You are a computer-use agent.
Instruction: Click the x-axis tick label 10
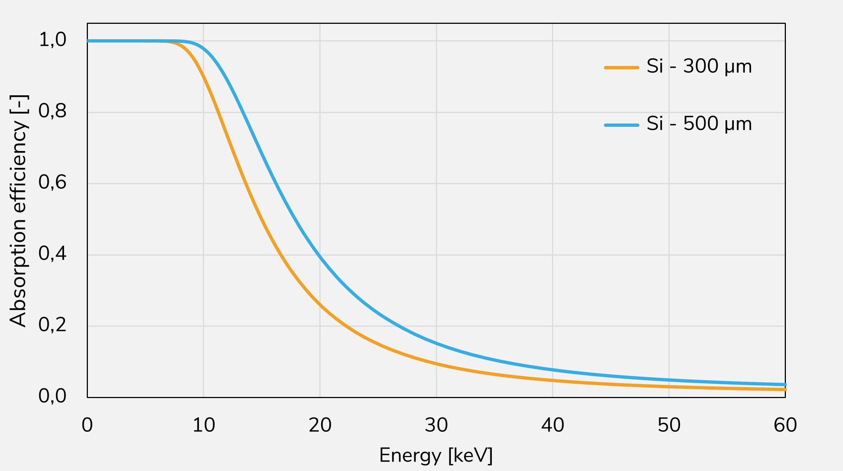tap(204, 425)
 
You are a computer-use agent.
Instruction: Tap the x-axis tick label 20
tap(320, 425)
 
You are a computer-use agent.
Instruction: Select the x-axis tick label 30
tap(436, 425)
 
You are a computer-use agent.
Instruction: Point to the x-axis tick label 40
tap(553, 425)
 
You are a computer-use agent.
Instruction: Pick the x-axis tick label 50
tap(669, 425)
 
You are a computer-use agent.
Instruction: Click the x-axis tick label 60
tap(785, 425)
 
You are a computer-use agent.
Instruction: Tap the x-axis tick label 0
tap(87, 425)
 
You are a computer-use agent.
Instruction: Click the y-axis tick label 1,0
tap(53, 40)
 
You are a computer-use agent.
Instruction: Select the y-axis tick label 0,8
tap(53, 111)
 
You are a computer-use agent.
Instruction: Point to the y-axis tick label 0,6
tap(53, 182)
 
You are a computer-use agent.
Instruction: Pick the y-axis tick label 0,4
tap(53, 254)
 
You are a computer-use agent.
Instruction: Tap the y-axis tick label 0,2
tap(53, 325)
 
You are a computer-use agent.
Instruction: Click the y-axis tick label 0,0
tap(53, 396)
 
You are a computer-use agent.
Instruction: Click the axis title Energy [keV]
tap(436, 456)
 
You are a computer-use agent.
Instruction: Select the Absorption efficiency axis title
tap(18, 210)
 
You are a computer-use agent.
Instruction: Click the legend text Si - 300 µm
tap(699, 67)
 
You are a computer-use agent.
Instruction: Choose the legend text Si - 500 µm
tap(699, 124)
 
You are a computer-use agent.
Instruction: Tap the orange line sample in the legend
tap(621, 67)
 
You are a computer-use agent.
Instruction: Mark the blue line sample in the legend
tap(621, 125)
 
